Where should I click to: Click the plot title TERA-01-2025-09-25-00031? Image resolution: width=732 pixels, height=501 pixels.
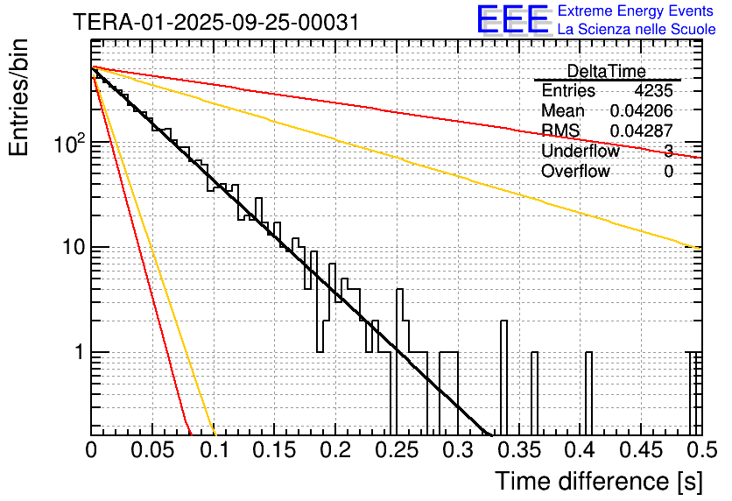tap(215, 23)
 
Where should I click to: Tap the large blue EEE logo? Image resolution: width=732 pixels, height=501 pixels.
tap(512, 21)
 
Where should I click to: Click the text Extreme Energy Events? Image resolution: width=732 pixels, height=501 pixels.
tap(637, 11)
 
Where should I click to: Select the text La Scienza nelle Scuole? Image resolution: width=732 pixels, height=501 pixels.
tap(637, 30)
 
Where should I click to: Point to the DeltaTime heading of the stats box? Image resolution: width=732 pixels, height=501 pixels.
tap(606, 71)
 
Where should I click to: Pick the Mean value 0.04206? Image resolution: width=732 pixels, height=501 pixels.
tap(642, 111)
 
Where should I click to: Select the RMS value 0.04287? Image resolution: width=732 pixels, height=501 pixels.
tap(642, 131)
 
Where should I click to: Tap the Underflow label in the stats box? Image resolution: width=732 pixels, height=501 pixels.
tap(580, 152)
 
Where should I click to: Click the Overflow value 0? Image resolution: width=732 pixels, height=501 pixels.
tap(668, 172)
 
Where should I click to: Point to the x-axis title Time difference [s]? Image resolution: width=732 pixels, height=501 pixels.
tap(597, 481)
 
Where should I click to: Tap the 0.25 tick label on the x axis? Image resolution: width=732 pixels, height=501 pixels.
tap(396, 451)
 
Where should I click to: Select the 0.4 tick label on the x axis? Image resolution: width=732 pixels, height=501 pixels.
tap(579, 451)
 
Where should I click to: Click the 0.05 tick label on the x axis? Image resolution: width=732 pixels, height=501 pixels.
tap(152, 451)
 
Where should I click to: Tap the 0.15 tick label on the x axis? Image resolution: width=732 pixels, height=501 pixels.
tap(274, 451)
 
